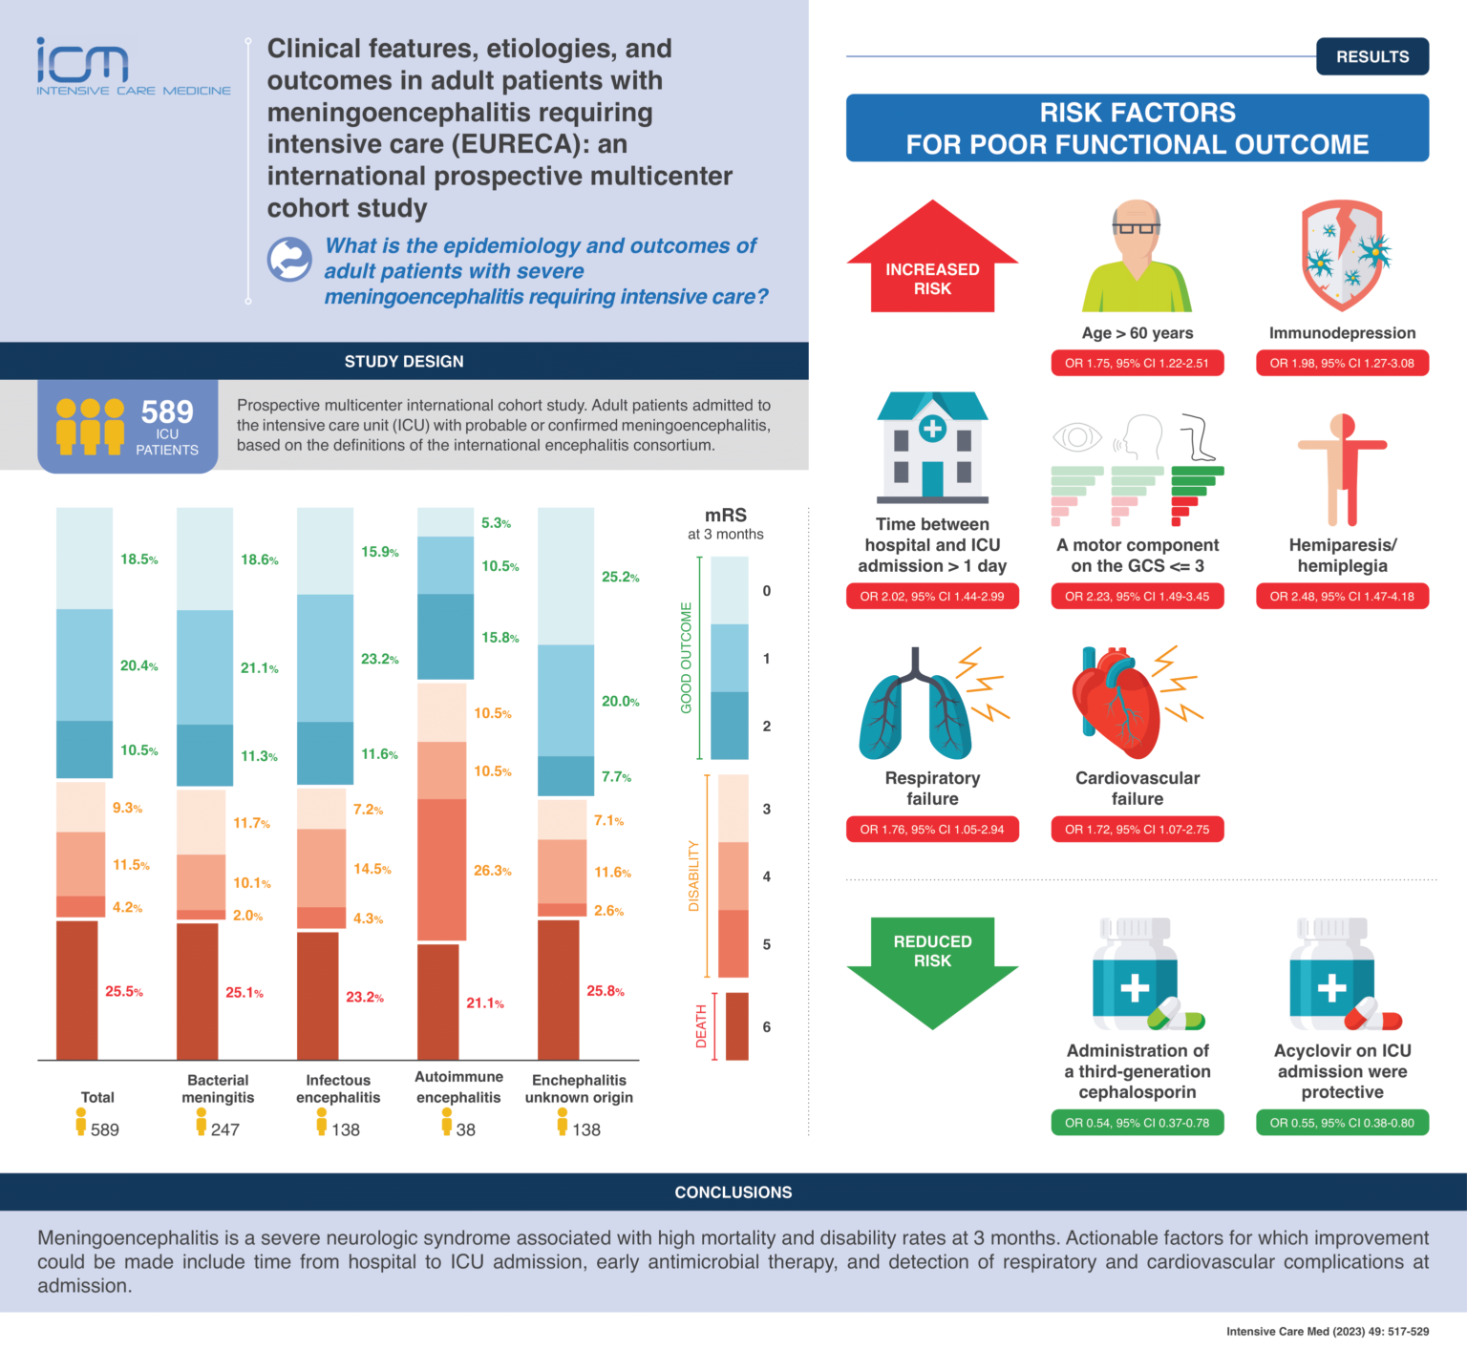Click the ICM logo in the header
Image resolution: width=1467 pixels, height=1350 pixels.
[83, 62]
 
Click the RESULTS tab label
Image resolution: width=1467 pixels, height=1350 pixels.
[1371, 56]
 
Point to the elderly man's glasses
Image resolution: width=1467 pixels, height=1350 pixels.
[1137, 228]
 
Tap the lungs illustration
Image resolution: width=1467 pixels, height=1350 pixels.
[915, 707]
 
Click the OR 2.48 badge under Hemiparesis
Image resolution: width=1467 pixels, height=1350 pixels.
[1342, 596]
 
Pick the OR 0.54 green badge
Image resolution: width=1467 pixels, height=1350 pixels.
[1137, 1123]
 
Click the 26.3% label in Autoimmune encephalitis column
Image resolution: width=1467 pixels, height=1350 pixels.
[493, 871]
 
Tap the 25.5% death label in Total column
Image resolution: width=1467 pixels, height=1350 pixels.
[124, 992]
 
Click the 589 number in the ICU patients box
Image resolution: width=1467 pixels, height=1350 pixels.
[167, 412]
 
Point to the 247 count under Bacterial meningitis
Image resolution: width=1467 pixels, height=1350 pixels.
[225, 1129]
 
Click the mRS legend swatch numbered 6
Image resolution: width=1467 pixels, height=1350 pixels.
[736, 1026]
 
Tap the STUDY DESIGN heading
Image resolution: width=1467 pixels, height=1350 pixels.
[404, 362]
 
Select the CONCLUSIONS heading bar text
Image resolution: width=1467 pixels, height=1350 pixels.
[733, 1192]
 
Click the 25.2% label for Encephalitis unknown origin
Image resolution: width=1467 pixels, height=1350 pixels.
[620, 577]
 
